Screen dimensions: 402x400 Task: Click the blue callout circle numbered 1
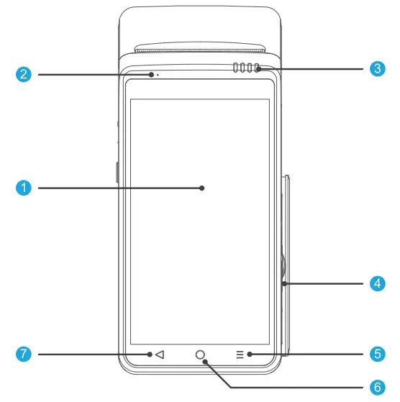pyautogui.click(x=24, y=188)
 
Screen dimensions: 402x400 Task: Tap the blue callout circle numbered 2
pyautogui.click(x=24, y=73)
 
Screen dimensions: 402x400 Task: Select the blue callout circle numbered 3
pyautogui.click(x=376, y=69)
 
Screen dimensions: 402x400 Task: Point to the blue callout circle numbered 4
pyautogui.click(x=376, y=283)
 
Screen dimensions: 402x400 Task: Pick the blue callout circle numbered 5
pyautogui.click(x=376, y=354)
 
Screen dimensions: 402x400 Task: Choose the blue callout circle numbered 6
pyautogui.click(x=376, y=387)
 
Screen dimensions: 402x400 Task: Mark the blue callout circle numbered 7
pyautogui.click(x=24, y=354)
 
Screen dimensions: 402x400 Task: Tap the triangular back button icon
pyautogui.click(x=160, y=354)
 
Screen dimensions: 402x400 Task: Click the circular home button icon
pyautogui.click(x=200, y=355)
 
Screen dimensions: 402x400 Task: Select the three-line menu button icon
pyautogui.click(x=240, y=354)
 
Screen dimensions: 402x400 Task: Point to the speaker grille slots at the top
pyautogui.click(x=245, y=70)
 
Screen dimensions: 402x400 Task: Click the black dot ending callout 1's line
pyautogui.click(x=202, y=188)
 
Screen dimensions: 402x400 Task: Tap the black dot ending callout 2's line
pyautogui.click(x=151, y=73)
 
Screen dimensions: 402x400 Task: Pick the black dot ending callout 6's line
pyautogui.click(x=206, y=362)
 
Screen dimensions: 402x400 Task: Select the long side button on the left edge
pyautogui.click(x=117, y=173)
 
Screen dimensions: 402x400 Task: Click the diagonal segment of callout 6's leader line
pyautogui.click(x=219, y=375)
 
